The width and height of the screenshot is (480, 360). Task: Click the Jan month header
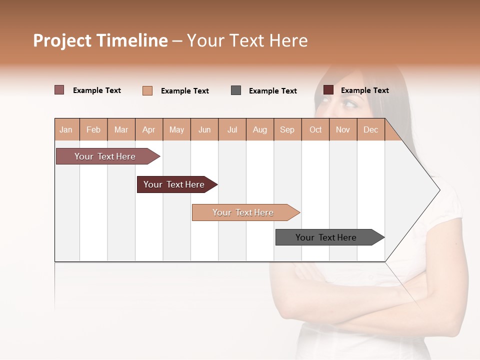click(66, 129)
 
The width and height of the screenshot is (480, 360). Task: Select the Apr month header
click(149, 129)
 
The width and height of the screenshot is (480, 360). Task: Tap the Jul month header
click(232, 129)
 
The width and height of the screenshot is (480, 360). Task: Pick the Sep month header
click(287, 129)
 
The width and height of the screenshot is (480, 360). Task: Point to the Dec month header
click(371, 129)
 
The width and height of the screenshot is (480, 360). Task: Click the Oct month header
click(315, 129)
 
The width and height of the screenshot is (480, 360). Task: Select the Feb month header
click(93, 129)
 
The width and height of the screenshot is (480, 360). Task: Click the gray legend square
click(236, 90)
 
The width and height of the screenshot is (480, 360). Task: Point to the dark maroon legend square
click(328, 90)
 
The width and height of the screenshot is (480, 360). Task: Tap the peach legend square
click(147, 90)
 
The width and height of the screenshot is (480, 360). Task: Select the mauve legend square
click(59, 90)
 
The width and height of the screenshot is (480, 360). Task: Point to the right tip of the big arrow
click(438, 190)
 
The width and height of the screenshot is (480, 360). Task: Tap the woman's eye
click(350, 104)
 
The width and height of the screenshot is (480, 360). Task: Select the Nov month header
click(343, 129)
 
